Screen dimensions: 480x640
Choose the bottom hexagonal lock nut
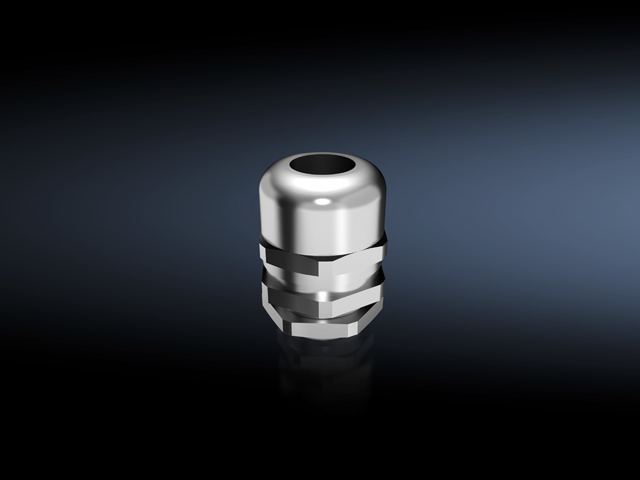[322, 327]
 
